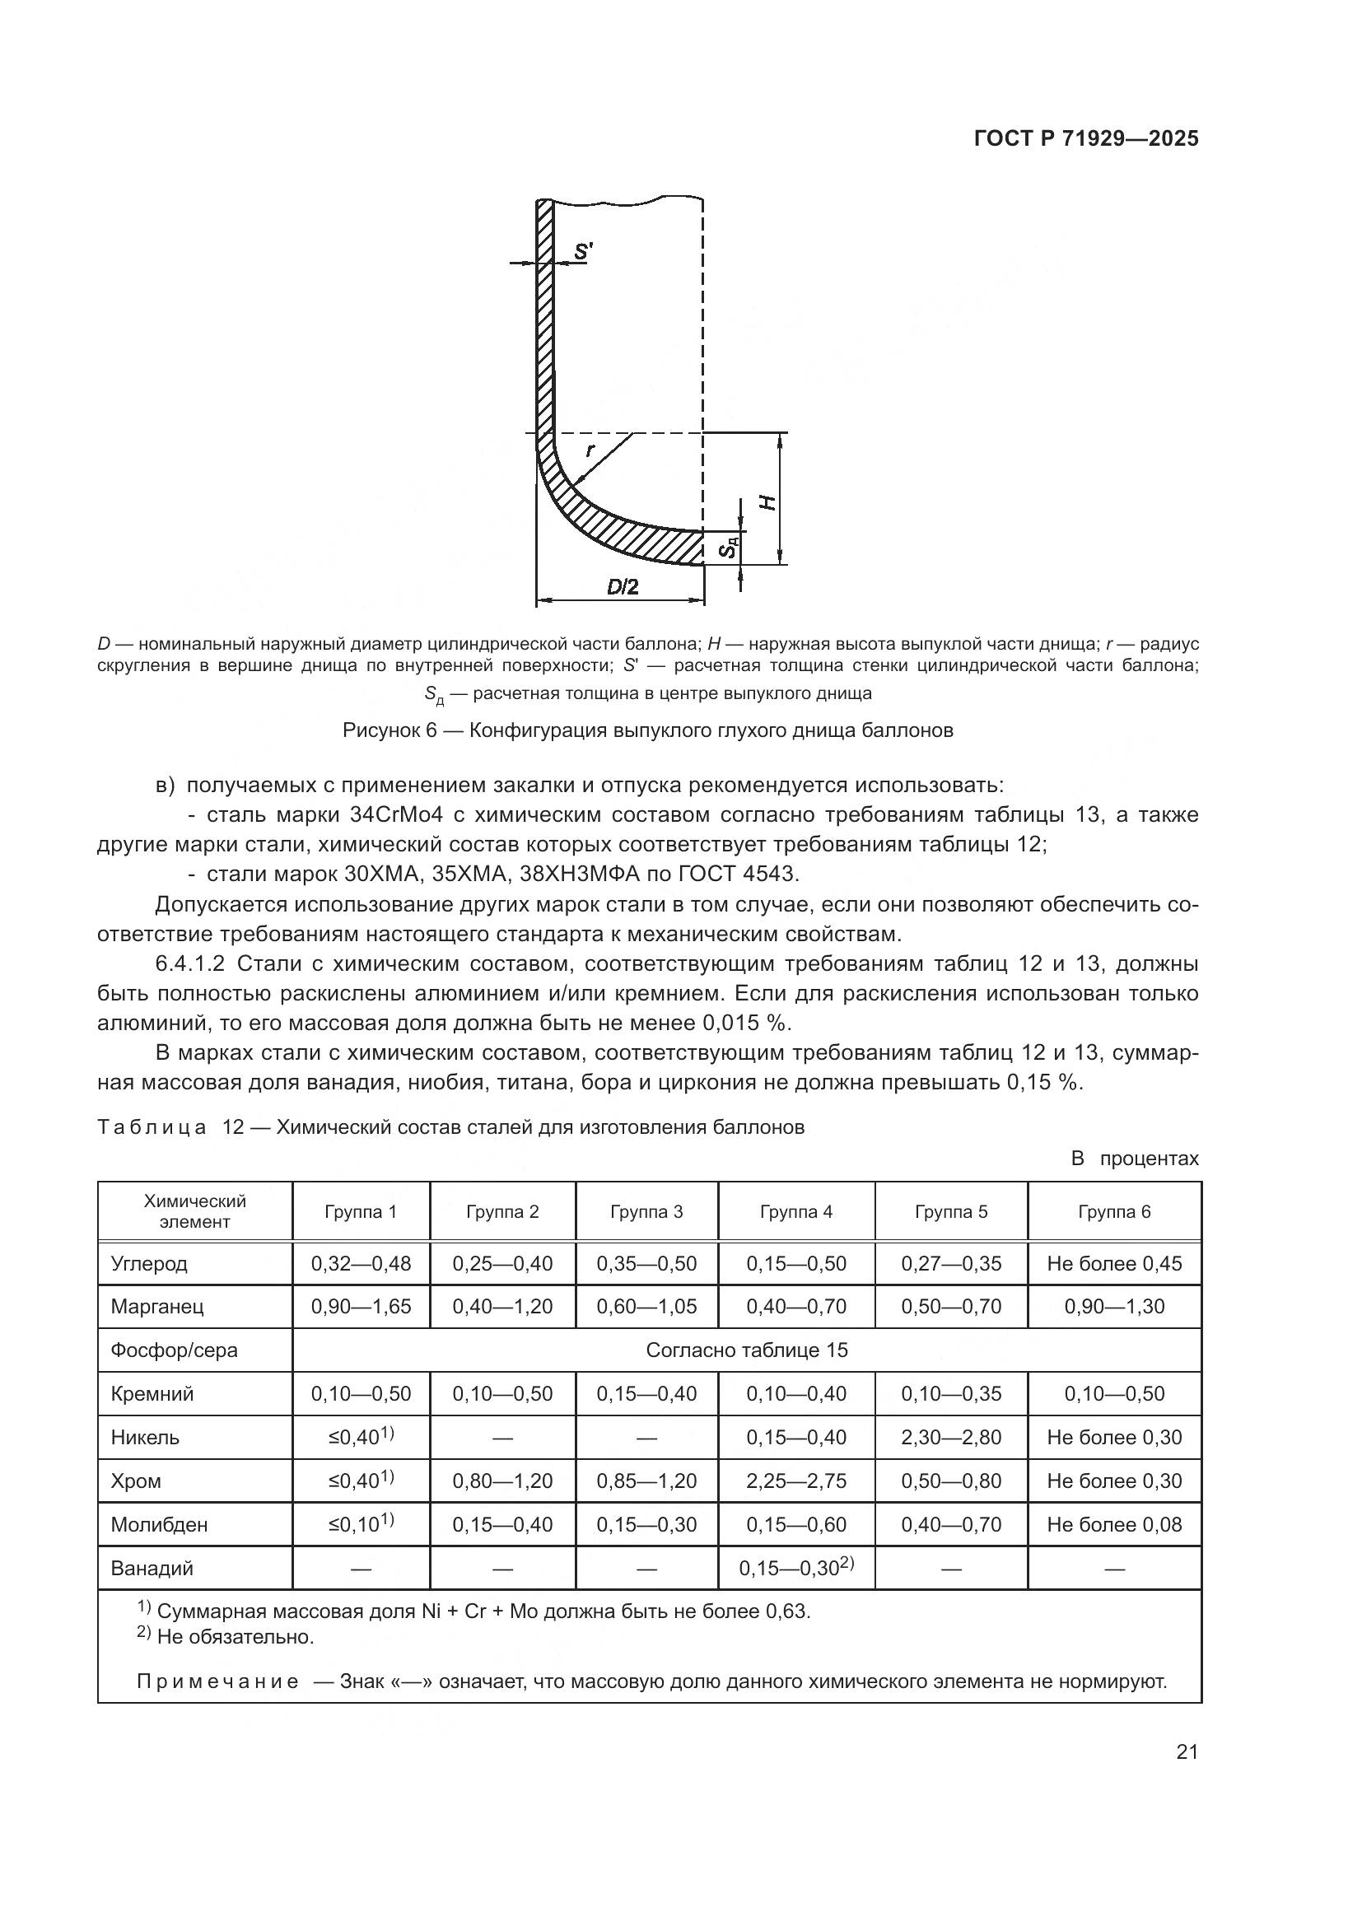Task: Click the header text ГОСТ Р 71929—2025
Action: pyautogui.click(x=1086, y=139)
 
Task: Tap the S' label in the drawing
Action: pyautogui.click(x=583, y=251)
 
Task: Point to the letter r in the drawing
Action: pyautogui.click(x=590, y=450)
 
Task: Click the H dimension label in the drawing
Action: pyautogui.click(x=767, y=501)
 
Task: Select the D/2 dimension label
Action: pyautogui.click(x=623, y=587)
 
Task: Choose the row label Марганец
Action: pyautogui.click(x=156, y=1307)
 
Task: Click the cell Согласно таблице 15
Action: pyautogui.click(x=746, y=1350)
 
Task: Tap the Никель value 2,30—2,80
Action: pyautogui.click(x=951, y=1438)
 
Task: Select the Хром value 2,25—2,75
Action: pyautogui.click(x=796, y=1481)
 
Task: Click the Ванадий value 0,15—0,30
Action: pyautogui.click(x=789, y=1569)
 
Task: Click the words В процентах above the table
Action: pyautogui.click(x=1135, y=1159)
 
